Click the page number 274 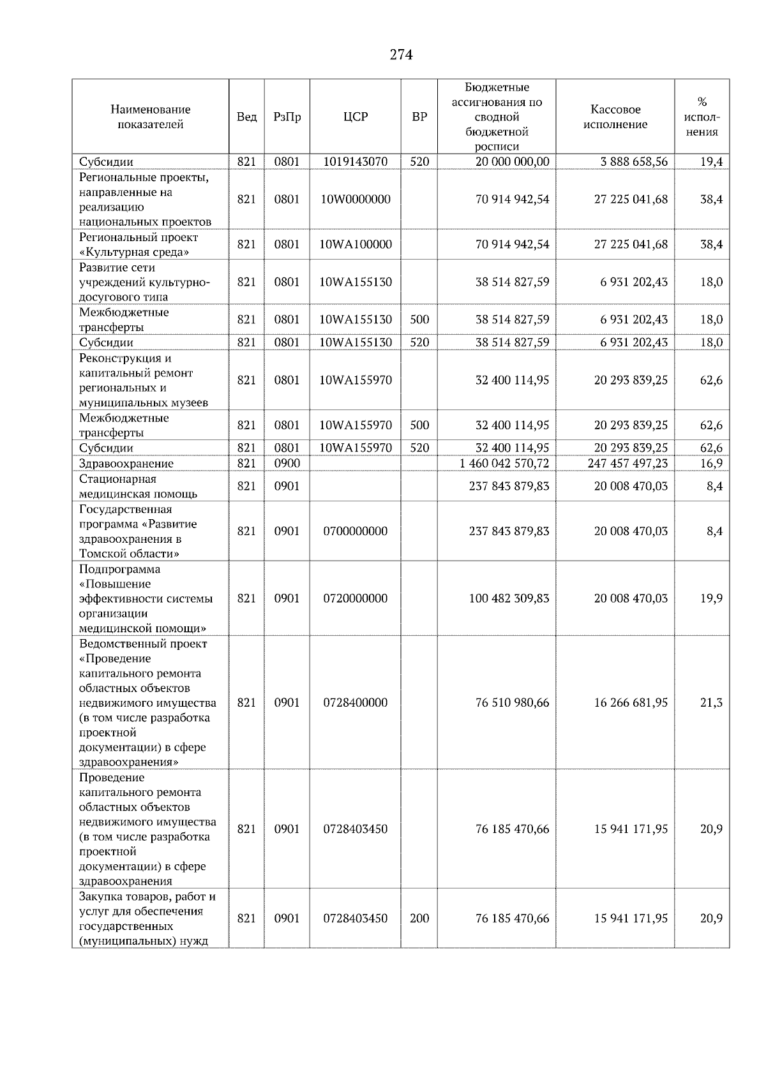point(401,55)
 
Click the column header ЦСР point(355,117)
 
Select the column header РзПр point(287,117)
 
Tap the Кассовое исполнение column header point(615,117)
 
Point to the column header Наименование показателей point(150,117)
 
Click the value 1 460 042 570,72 point(504,463)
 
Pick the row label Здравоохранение point(126,464)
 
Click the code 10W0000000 point(355,199)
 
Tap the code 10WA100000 point(355,244)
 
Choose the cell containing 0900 point(287,463)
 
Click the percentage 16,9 point(711,463)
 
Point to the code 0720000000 point(355,598)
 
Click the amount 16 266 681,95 point(630,702)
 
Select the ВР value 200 point(419,918)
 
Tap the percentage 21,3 point(711,702)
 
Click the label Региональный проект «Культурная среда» point(139,244)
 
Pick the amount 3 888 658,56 point(633,161)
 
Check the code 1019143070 point(355,161)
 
